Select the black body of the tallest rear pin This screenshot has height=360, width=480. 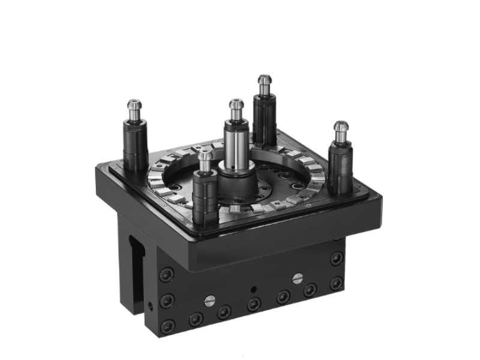click(x=263, y=117)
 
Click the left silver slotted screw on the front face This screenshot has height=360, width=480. click(x=209, y=301)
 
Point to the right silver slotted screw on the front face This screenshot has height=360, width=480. click(x=297, y=278)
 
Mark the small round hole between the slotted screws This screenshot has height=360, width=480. click(x=254, y=289)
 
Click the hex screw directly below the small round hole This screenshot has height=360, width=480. click(x=253, y=305)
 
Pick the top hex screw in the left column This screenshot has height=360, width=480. click(x=166, y=275)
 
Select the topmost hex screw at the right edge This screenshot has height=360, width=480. click(x=337, y=259)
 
